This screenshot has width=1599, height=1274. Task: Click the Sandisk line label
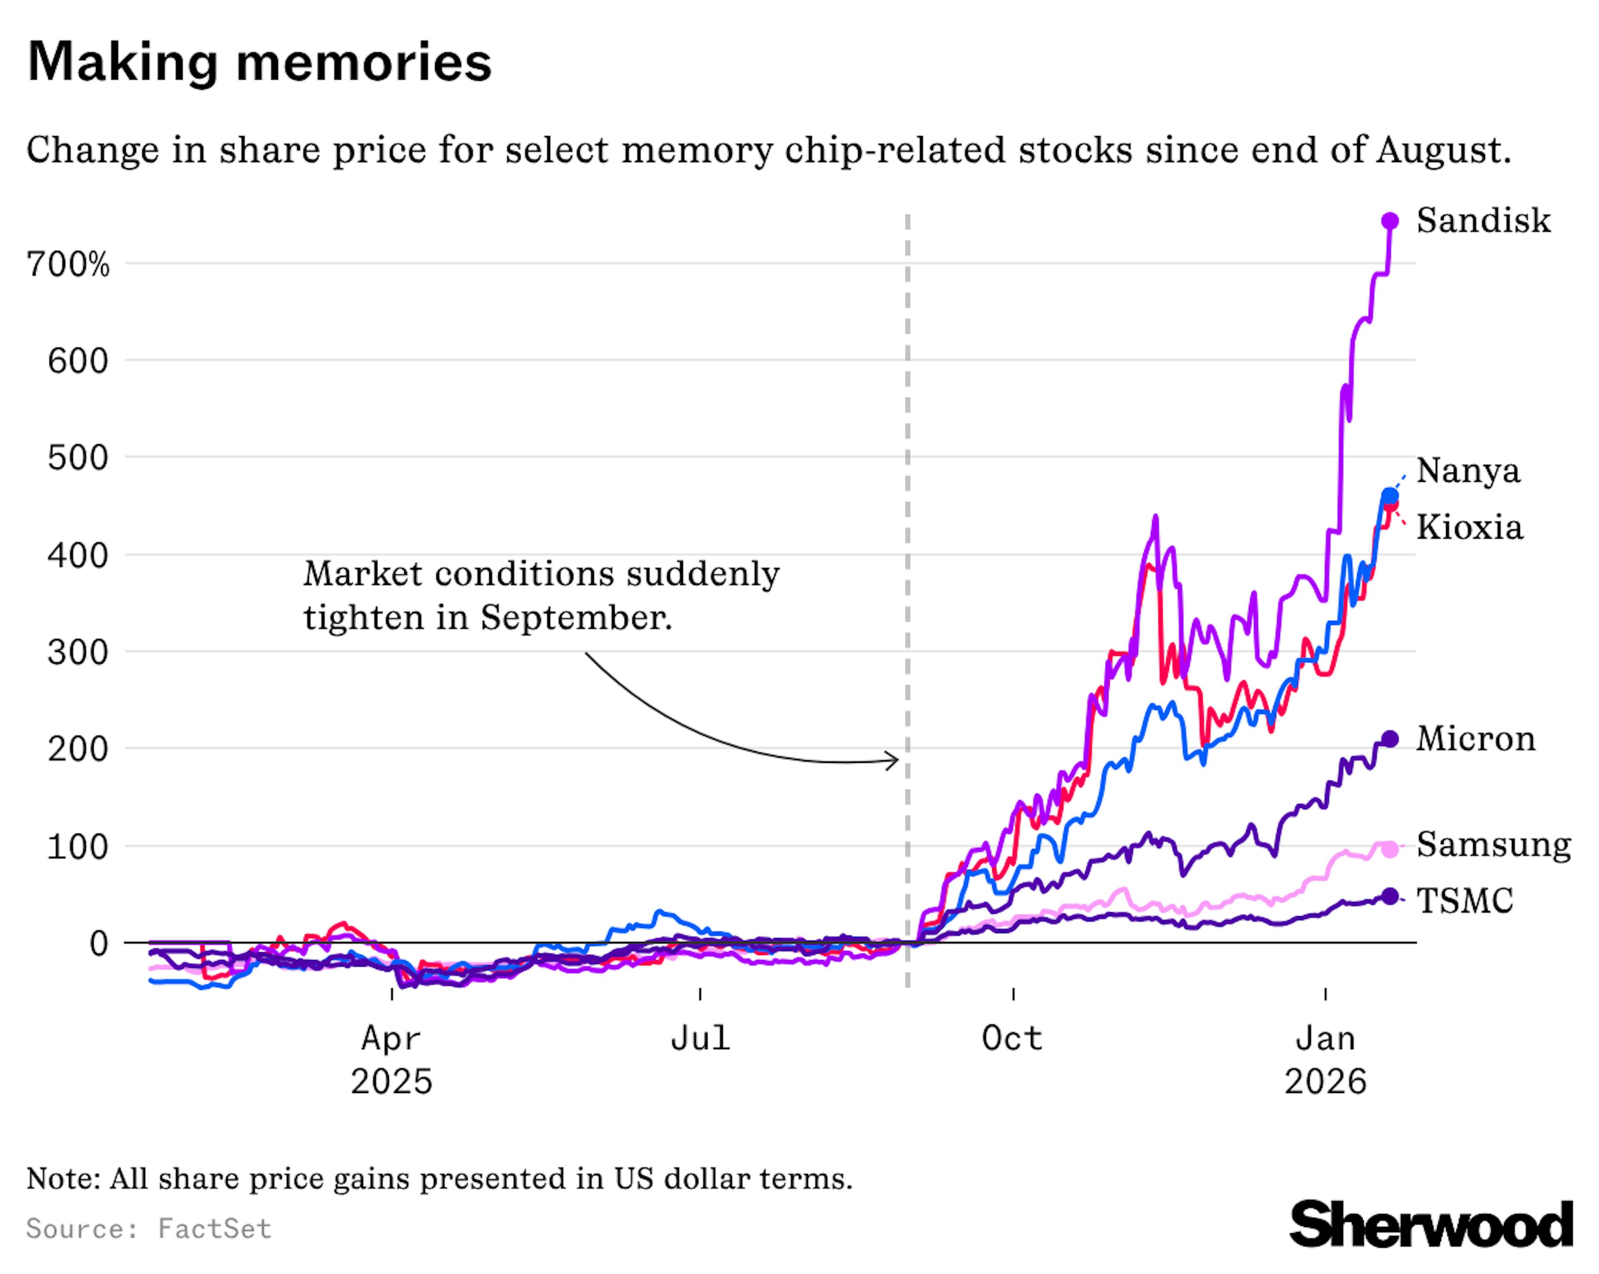click(1482, 220)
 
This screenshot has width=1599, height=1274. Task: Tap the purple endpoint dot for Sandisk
click(1390, 221)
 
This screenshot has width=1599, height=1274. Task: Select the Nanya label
click(1468, 470)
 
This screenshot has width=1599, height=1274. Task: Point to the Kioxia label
click(1469, 527)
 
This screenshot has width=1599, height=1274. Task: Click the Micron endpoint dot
click(1390, 739)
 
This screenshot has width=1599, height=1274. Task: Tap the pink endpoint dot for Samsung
click(1390, 849)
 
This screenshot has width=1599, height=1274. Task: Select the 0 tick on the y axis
click(99, 944)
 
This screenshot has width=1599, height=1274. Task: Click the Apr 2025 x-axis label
click(391, 1060)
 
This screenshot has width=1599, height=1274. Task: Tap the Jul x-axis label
click(700, 1038)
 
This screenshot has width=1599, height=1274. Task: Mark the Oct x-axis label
click(1012, 1038)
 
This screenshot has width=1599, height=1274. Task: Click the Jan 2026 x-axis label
click(1325, 1060)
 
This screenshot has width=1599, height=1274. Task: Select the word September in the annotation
click(575, 617)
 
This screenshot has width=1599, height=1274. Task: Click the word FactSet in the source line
click(214, 1229)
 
